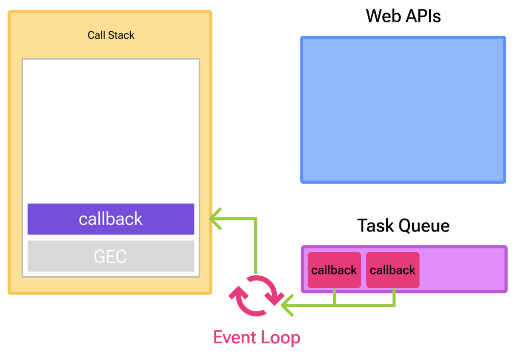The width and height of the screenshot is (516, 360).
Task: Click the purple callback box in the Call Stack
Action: point(111,219)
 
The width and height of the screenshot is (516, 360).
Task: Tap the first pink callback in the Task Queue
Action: point(334,270)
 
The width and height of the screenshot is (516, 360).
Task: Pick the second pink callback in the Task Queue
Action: point(393,270)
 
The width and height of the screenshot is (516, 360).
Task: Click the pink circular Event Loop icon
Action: point(256,296)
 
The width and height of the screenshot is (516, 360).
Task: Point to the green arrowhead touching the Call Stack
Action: point(215,218)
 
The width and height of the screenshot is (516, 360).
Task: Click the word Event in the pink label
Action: point(234,337)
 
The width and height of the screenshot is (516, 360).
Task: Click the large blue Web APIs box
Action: point(403,110)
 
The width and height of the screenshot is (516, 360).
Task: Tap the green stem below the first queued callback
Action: point(335,296)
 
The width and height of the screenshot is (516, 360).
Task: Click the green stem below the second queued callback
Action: point(394,296)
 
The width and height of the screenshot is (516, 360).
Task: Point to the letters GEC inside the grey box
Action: point(110,256)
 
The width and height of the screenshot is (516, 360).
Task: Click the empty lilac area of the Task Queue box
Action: point(462,269)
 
